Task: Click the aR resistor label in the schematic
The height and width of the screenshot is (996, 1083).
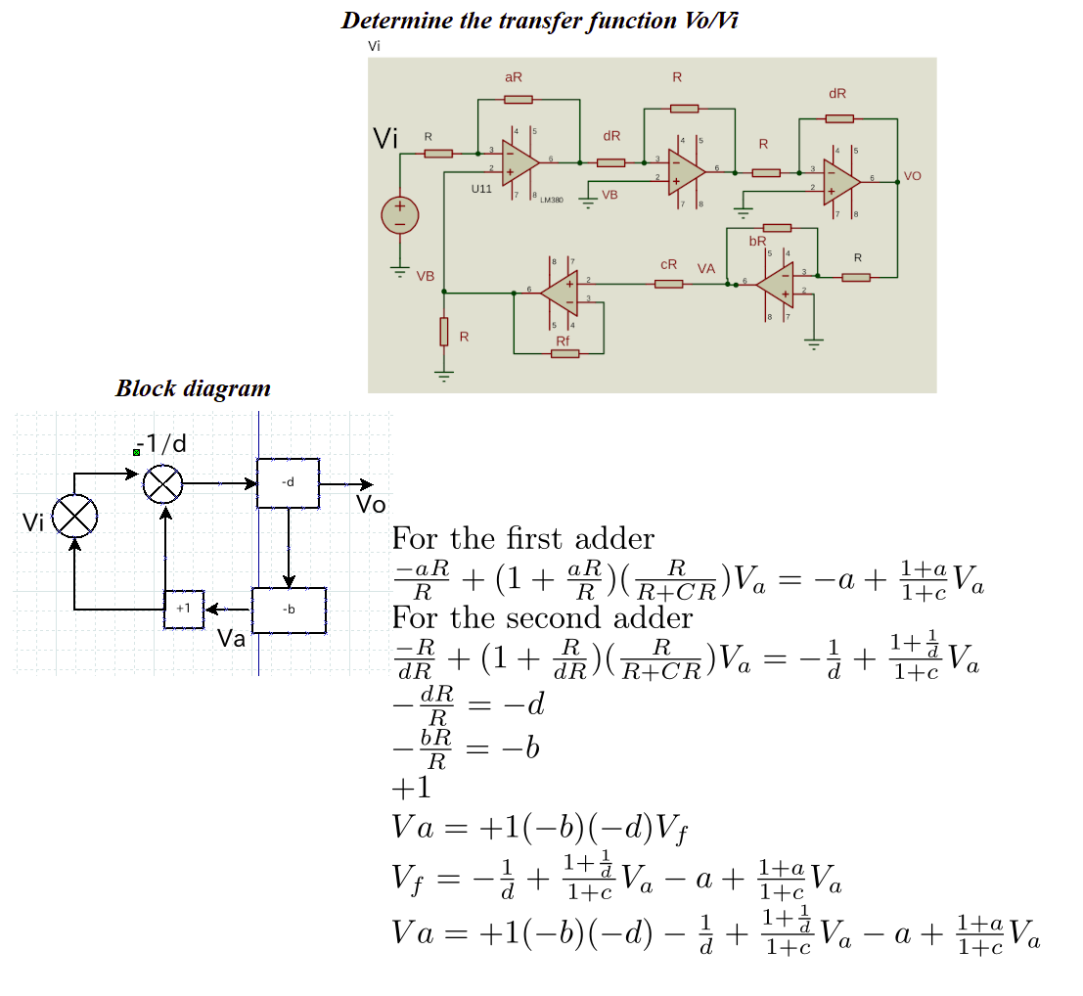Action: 514,77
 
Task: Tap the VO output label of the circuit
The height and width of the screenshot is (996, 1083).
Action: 913,176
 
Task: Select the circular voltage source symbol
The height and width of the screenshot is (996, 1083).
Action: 400,215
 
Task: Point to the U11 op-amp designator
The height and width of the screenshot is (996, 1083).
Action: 481,188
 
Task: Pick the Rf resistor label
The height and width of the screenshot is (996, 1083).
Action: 563,340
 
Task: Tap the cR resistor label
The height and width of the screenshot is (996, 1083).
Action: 668,265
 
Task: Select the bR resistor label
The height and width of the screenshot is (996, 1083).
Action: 757,241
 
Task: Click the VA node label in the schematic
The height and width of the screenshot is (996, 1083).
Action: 706,268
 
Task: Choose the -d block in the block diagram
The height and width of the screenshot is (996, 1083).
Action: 288,482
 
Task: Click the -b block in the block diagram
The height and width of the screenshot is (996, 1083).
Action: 289,611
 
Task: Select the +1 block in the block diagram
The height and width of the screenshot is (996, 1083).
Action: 183,610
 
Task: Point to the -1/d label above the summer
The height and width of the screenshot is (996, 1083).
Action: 164,444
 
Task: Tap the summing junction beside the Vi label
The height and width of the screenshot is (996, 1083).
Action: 74,516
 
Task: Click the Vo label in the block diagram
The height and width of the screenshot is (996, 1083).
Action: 372,506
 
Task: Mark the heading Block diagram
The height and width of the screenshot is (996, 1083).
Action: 193,387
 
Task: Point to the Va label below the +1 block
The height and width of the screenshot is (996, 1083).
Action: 231,640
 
